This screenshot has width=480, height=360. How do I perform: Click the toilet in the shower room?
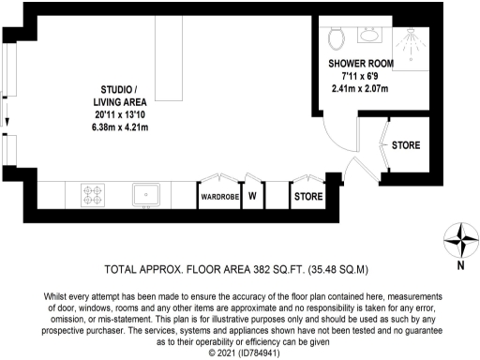[x=338, y=37]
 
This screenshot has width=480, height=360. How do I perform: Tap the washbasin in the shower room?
[x=369, y=34]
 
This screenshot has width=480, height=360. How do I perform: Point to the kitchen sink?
[x=148, y=196]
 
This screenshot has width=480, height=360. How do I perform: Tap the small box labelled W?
[x=252, y=197]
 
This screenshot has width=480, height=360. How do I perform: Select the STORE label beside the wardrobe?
[x=308, y=198]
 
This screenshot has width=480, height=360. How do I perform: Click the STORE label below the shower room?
[x=405, y=146]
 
